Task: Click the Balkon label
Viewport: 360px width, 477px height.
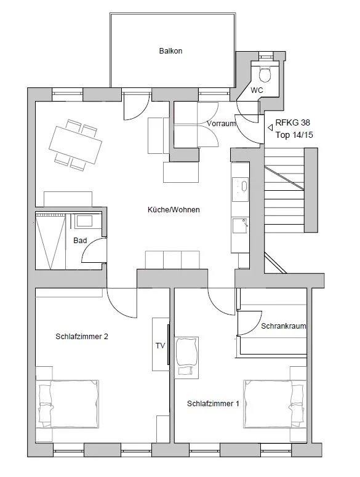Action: coord(170,51)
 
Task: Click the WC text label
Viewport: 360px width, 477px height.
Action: coord(257,90)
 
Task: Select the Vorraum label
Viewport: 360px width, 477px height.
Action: coord(222,124)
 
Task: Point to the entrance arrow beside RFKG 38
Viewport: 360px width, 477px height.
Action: coord(270,128)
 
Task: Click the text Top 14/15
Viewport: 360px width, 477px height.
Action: coord(294,135)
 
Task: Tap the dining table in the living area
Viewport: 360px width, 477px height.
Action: coord(76,145)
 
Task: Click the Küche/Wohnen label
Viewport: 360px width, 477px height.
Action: coord(174,210)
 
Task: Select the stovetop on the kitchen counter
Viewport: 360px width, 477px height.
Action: coord(240,190)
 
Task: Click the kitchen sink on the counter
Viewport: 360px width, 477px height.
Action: coord(240,225)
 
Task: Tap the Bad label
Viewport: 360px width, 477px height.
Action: coord(80,241)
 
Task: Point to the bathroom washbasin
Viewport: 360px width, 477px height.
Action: coord(84,221)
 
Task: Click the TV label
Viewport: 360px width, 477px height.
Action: coord(160,345)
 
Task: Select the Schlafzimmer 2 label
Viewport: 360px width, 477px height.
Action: coord(82,337)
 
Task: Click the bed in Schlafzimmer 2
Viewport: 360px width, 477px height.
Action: coord(67,404)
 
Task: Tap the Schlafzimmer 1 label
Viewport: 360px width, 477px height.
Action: coord(213,404)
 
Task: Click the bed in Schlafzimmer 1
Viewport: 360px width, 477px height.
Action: coord(275,404)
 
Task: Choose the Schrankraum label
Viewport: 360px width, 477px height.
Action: coord(283,326)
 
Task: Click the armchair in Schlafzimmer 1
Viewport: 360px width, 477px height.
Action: coord(186,358)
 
